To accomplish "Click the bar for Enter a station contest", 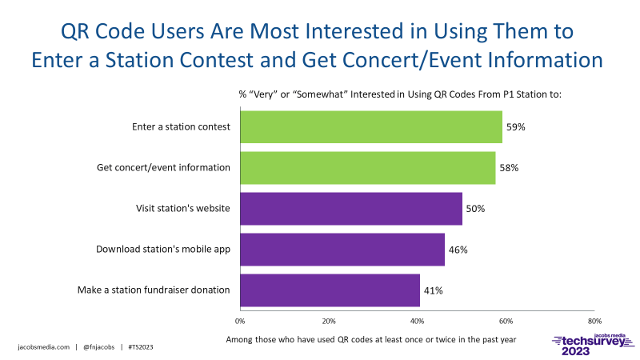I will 370,126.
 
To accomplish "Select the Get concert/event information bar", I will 367,167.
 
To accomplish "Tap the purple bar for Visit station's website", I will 350,208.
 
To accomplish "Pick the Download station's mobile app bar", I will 342,249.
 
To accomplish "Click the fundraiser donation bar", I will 330,290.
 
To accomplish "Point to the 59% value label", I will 516,126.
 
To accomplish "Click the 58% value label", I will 510,168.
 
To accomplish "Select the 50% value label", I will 475,209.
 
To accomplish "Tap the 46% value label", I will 458,250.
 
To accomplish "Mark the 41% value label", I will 434,290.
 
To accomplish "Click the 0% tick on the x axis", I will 240,321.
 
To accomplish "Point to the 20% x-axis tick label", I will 329,321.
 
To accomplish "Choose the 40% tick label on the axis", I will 418,321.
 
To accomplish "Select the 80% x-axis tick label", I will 594,321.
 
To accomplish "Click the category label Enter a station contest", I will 181,126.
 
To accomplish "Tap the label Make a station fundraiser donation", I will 154,290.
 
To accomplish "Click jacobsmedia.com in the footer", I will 44,347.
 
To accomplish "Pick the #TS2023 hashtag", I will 142,347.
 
